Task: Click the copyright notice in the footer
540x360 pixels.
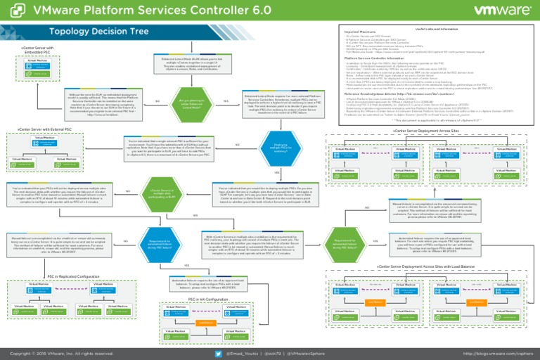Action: (x=58, y=353)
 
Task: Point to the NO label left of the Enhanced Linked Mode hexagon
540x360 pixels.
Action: (x=157, y=101)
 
